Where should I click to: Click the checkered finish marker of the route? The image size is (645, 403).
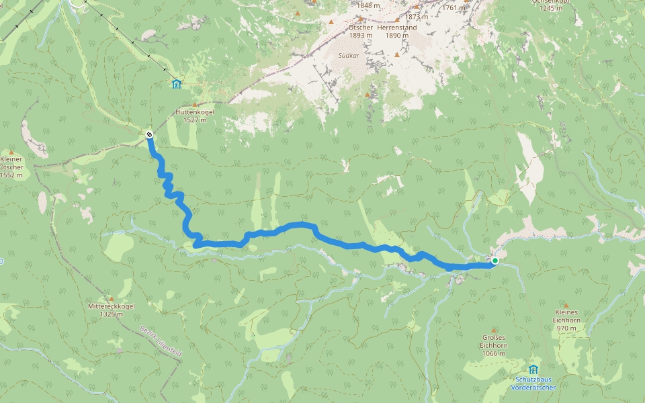click(149, 135)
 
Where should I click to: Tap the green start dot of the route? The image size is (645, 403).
click(494, 261)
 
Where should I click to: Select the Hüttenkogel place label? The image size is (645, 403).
click(194, 112)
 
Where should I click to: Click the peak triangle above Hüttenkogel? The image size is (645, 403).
click(195, 105)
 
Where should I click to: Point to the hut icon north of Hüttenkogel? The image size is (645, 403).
click(176, 84)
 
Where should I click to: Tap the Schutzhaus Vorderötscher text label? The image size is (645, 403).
click(533, 384)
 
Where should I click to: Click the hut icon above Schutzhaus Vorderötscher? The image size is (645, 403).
click(533, 369)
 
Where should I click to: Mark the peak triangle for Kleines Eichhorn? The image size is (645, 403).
click(566, 305)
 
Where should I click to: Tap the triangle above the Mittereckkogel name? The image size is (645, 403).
click(112, 298)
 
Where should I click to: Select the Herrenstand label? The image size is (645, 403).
click(396, 28)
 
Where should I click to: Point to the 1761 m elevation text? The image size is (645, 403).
click(454, 8)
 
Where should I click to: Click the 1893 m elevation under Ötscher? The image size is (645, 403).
click(361, 36)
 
